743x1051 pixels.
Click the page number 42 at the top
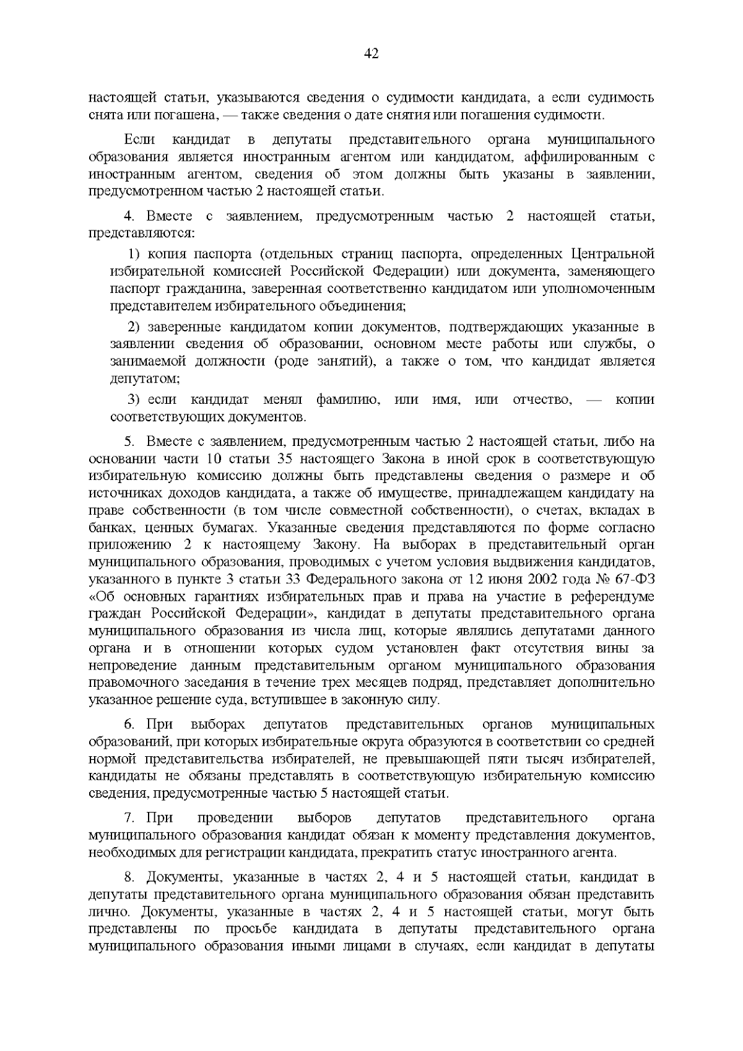(371, 54)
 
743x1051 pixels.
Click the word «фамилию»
(345, 399)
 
